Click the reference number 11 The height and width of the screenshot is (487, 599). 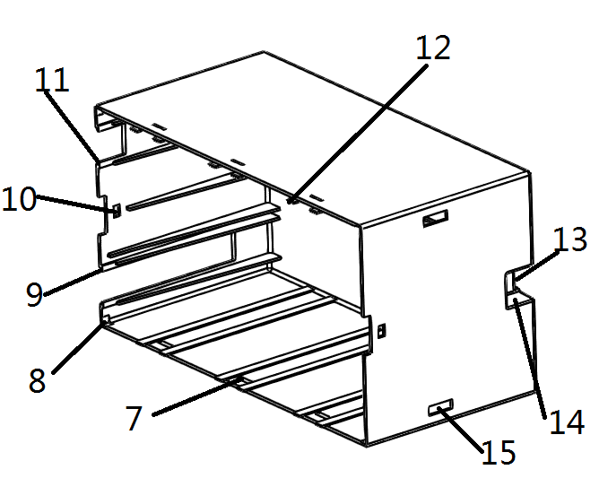52,80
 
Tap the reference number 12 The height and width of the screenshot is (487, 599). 433,48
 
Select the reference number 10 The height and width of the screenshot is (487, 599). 19,199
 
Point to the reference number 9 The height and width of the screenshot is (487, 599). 34,294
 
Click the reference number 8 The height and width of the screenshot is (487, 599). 37,380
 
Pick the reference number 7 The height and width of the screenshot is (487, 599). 135,418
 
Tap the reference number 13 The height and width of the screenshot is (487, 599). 569,239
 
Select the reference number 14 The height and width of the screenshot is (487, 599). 567,422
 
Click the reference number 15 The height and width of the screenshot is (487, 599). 499,452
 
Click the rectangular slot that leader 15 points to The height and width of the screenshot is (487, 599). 440,407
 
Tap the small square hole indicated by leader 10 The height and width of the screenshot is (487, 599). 117,211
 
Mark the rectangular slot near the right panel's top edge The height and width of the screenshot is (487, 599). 436,218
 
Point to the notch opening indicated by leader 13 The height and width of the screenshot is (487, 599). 509,281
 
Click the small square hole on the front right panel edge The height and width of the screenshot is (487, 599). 381,330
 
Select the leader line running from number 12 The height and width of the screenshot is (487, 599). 358,134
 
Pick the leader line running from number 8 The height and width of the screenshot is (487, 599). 78,347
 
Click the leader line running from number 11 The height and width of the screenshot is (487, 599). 72,126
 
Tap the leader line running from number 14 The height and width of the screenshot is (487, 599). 529,358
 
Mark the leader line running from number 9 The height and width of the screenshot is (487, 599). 74,283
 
